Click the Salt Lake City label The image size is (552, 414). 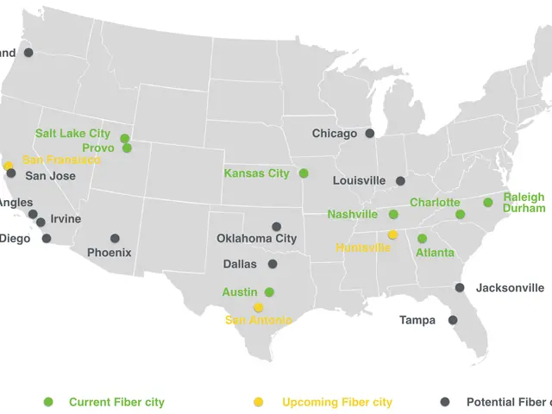[x=72, y=134]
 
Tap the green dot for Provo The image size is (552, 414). [x=127, y=147]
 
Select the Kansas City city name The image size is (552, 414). [x=256, y=173]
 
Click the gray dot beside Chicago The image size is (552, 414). [x=369, y=133]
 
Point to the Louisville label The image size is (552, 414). [x=359, y=181]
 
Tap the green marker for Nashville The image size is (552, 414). [x=393, y=214]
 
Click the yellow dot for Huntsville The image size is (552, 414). [x=392, y=235]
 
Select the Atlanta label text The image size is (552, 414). [x=435, y=253]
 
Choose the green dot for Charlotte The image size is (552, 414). [x=461, y=214]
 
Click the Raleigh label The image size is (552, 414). [x=524, y=197]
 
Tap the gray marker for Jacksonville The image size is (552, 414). [x=460, y=287]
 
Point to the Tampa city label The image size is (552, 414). [x=417, y=320]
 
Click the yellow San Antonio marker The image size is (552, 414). [x=258, y=307]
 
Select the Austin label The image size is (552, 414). [x=240, y=292]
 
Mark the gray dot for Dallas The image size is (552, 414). [x=273, y=264]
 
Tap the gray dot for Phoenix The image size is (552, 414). [x=115, y=238]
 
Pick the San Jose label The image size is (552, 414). [x=50, y=176]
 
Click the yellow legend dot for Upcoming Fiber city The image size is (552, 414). [x=258, y=402]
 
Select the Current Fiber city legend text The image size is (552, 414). [x=116, y=402]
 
